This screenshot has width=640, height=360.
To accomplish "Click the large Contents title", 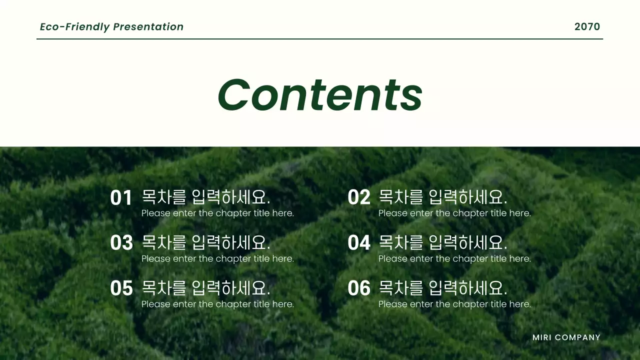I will point(320,95).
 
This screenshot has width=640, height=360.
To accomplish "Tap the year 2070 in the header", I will point(587,27).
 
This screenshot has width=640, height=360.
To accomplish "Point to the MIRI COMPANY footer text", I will point(566,337).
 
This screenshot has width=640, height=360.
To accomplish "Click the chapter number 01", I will point(121,198).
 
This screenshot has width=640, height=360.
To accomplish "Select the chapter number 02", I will point(358,198).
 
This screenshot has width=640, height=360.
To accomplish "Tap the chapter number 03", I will point(121,243).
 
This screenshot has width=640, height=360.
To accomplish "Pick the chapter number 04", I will point(358,243).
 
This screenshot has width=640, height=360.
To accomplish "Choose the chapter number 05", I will point(121,288).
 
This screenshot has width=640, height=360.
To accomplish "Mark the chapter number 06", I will point(358,288).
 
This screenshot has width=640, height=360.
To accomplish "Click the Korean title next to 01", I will point(206,197).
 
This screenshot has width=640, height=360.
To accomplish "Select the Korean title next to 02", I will point(443,197).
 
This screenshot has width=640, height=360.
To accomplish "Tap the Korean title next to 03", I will point(206,242).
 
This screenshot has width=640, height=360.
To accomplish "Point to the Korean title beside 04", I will point(443,242).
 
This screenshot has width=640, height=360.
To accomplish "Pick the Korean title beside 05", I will point(206,288).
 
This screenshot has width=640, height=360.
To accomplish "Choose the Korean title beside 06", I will point(443,288).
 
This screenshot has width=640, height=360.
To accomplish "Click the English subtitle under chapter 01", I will point(217,213).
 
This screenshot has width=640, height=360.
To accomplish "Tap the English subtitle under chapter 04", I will point(454,259).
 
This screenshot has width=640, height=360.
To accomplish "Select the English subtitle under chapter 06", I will point(454,304).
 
